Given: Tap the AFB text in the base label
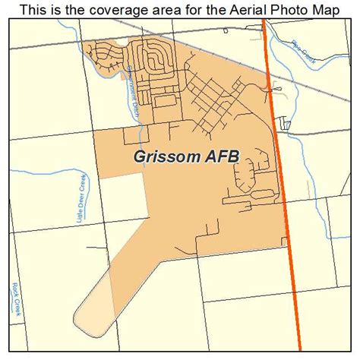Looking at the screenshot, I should click(x=219, y=156).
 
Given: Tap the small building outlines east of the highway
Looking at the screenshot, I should click(x=286, y=122).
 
